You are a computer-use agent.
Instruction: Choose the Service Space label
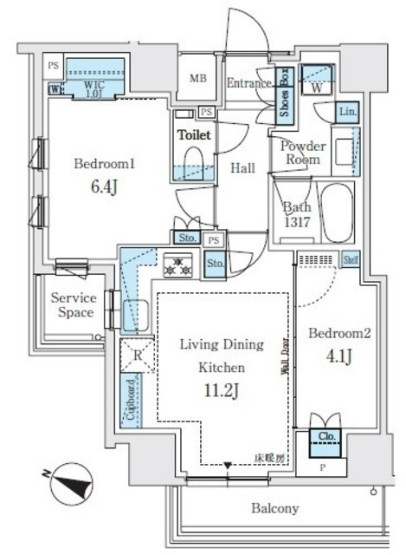click(73, 304)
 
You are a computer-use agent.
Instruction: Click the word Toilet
click(195, 135)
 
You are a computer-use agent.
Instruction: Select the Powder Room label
click(301, 153)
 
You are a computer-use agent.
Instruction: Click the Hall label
click(242, 168)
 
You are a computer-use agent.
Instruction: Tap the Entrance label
click(251, 83)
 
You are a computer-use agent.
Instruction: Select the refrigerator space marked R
click(137, 355)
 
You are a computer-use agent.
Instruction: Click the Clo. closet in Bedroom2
click(327, 439)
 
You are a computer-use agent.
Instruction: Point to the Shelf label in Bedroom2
click(350, 258)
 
